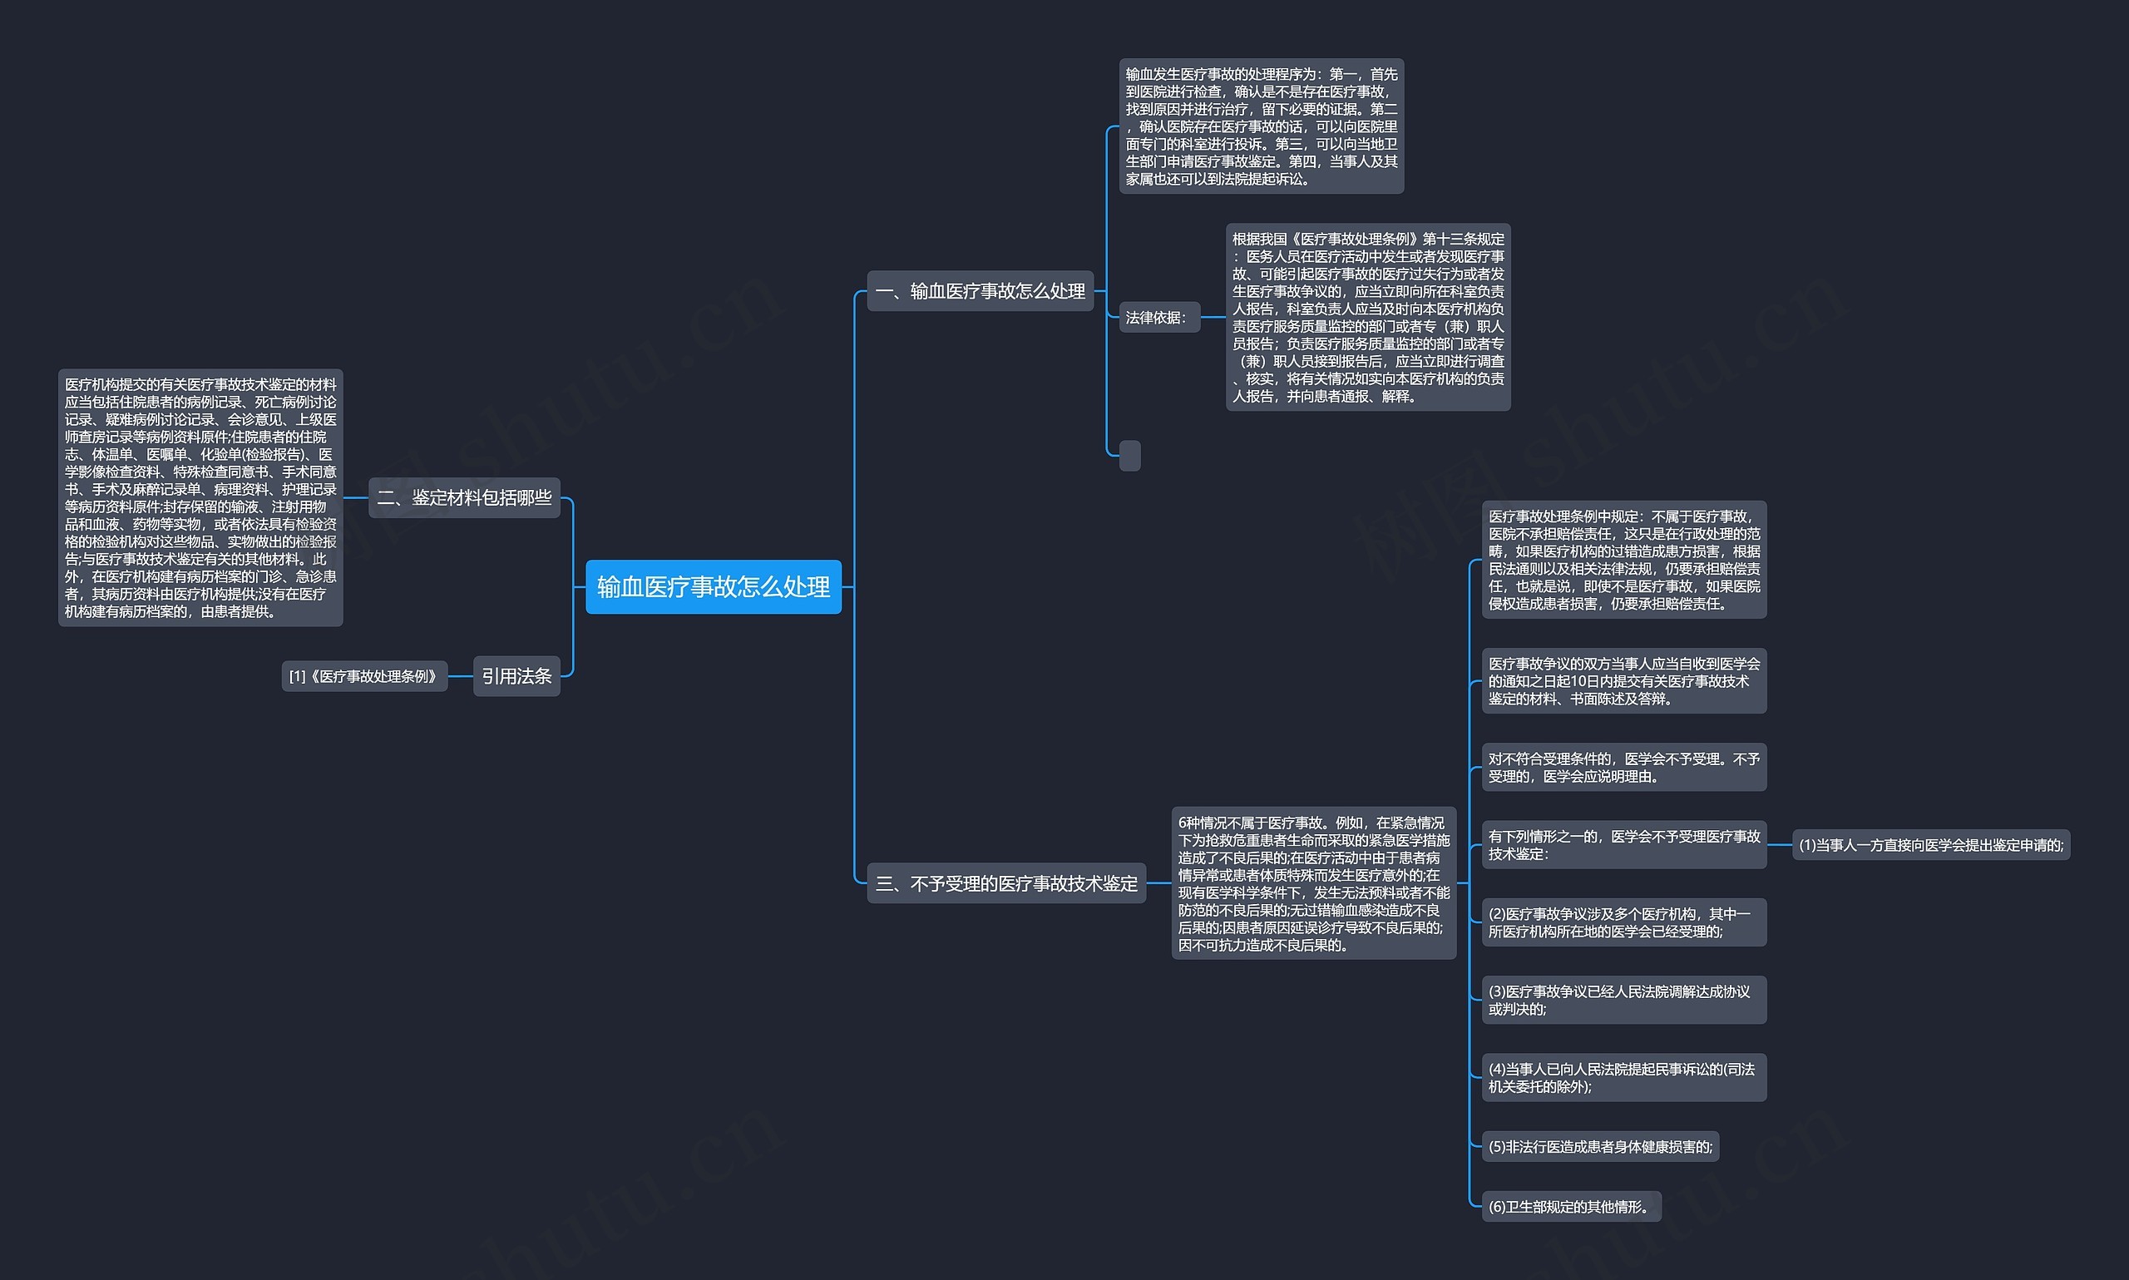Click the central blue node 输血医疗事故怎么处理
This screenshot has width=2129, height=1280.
(713, 586)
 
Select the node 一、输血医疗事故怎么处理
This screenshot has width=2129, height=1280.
(980, 290)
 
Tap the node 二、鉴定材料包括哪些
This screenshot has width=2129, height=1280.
(464, 497)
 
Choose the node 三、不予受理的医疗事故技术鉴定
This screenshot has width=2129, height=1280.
(1006, 883)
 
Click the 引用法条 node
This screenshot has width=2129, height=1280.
(516, 676)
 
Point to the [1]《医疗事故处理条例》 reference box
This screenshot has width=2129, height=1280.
(364, 676)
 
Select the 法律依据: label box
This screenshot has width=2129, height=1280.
(1159, 318)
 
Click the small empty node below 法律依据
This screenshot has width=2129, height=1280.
(1129, 456)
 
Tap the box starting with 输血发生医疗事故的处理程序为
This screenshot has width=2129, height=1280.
(1262, 126)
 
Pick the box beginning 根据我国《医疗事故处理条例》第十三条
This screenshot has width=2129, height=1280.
(1367, 318)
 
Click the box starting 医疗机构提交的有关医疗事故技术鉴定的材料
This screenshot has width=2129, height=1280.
(200, 497)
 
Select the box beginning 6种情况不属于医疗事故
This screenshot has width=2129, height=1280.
(1313, 883)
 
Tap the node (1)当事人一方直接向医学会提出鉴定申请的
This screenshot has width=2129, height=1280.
(1931, 844)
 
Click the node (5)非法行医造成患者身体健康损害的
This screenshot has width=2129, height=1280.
(1600, 1146)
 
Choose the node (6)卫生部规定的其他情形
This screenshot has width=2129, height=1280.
(1571, 1207)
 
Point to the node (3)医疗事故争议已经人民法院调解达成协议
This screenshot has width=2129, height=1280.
(1623, 1000)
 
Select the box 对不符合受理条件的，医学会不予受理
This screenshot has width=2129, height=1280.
(1623, 767)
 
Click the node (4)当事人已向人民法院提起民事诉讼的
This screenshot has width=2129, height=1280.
(1623, 1077)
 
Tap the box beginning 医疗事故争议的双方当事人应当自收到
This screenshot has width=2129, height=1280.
(1623, 680)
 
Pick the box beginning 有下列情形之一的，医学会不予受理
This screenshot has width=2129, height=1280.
(1623, 844)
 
